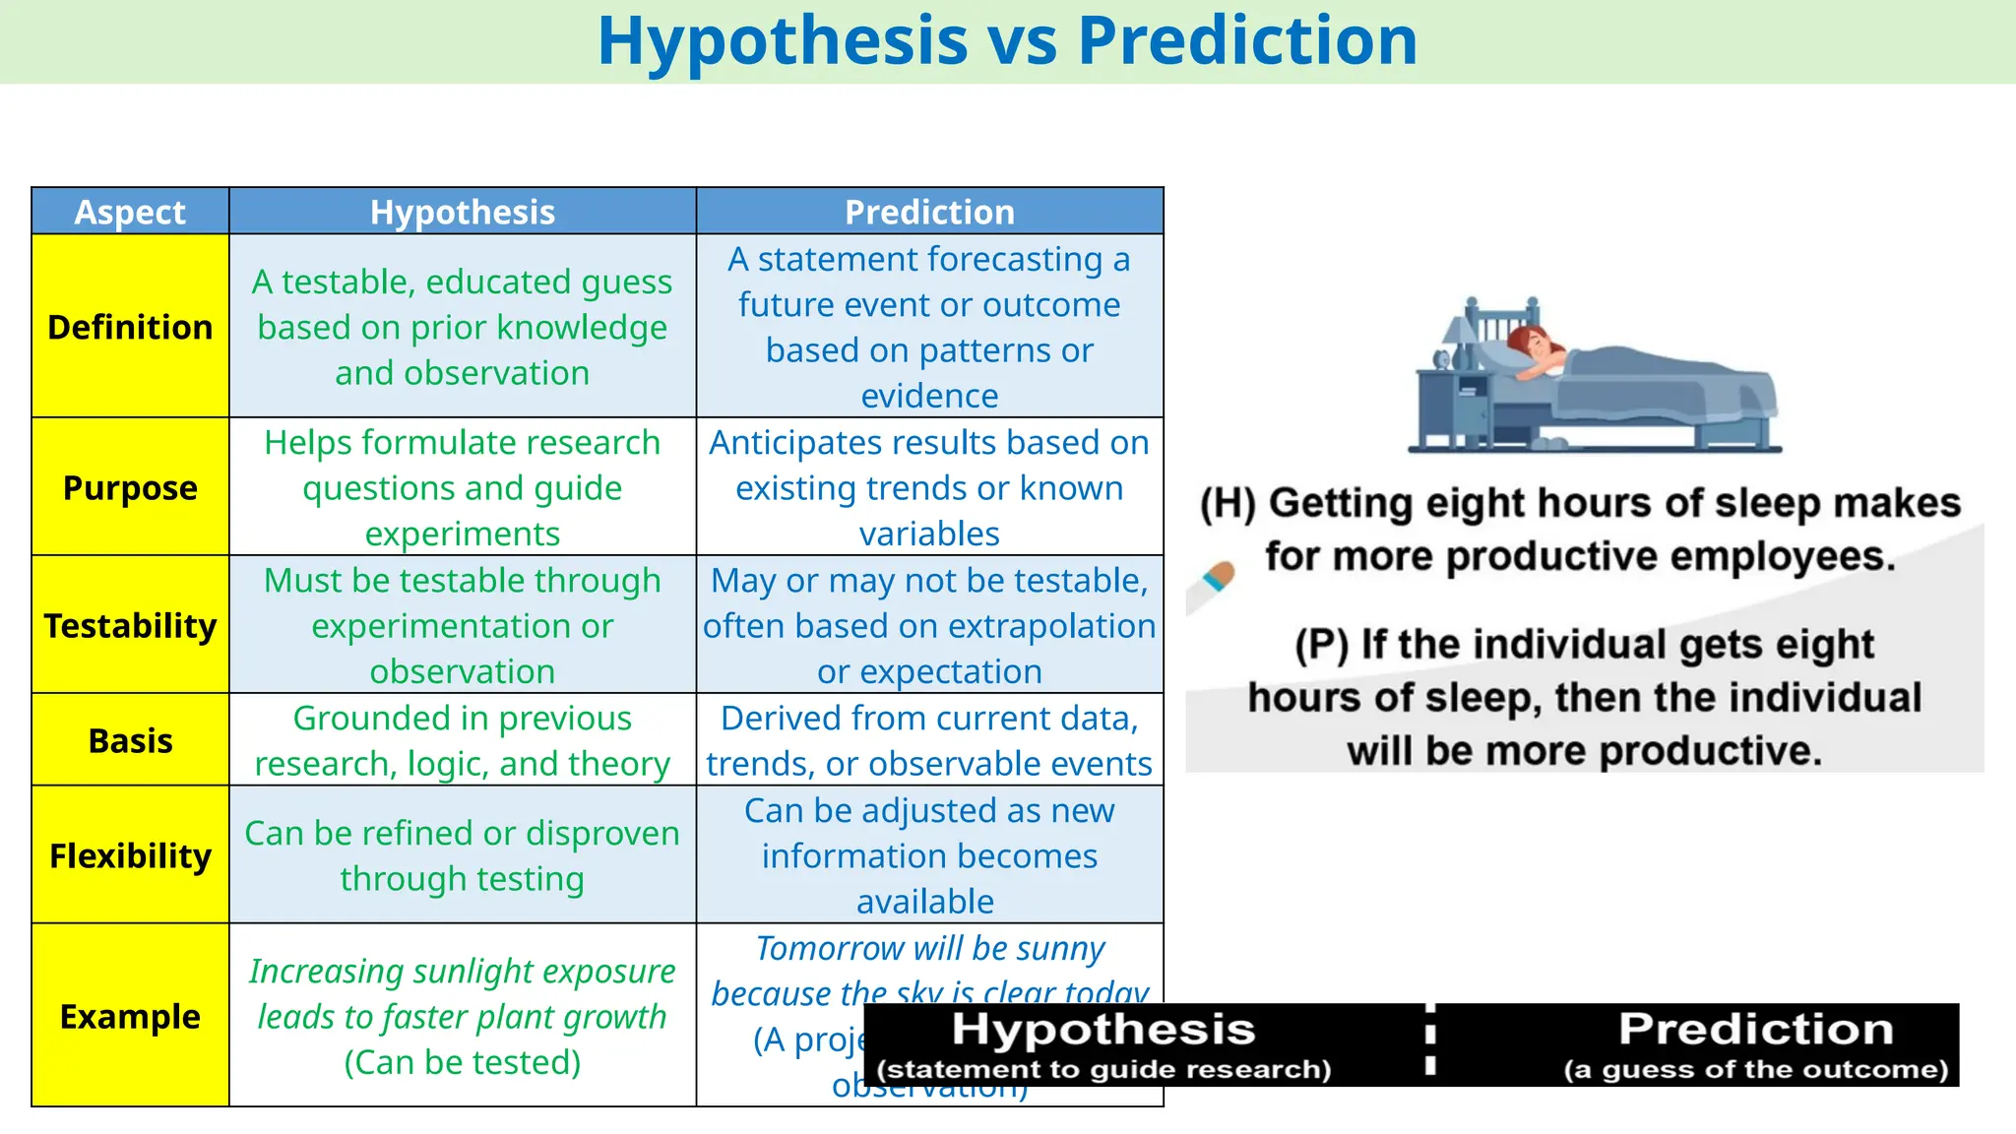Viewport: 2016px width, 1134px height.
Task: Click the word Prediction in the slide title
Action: point(1247,41)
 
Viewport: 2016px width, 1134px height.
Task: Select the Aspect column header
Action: point(130,212)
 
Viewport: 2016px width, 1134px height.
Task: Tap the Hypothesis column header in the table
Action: point(462,212)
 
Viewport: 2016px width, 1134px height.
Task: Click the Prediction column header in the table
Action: point(929,212)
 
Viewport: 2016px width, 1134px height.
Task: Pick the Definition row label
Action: point(130,327)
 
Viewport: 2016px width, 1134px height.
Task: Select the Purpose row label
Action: point(130,487)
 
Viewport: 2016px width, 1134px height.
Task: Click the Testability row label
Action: point(130,625)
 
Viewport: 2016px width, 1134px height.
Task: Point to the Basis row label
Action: point(130,740)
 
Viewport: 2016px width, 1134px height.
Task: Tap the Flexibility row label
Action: point(130,855)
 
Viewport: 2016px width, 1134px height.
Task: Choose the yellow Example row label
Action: point(130,1016)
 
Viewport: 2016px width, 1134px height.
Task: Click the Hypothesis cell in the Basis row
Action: point(462,740)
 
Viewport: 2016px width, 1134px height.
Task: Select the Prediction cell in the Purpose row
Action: point(929,487)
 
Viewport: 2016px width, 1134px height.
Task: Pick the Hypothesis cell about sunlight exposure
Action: point(462,1016)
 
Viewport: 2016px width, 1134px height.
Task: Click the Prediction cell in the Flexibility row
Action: point(929,855)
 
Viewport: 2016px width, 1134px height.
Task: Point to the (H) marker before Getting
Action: point(1228,503)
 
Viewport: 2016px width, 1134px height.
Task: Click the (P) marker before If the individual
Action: point(1321,645)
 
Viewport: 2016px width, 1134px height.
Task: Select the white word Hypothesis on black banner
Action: point(1103,1030)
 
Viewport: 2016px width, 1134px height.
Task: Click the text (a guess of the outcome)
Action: point(1755,1070)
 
